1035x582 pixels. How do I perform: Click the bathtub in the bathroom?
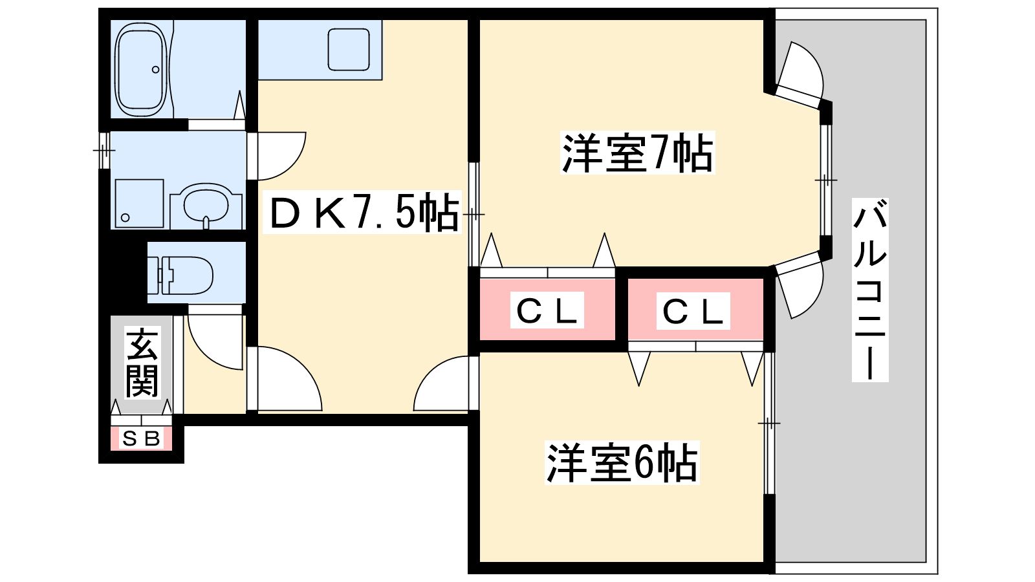pos(141,69)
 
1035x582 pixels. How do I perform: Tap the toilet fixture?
pos(188,274)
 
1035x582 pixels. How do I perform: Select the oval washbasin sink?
pos(206,205)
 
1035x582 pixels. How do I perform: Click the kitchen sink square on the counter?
pos(349,48)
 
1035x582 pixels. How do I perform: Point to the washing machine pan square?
pos(139,202)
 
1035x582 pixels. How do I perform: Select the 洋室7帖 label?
pos(637,153)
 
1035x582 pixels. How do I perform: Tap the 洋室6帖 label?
pos(622,463)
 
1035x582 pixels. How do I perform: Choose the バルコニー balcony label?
pos(870,290)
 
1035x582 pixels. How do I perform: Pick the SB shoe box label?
pos(142,439)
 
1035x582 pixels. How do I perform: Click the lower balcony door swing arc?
pos(802,288)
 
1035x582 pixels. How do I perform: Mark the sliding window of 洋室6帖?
pos(769,423)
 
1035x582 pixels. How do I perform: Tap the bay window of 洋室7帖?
pos(825,180)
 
